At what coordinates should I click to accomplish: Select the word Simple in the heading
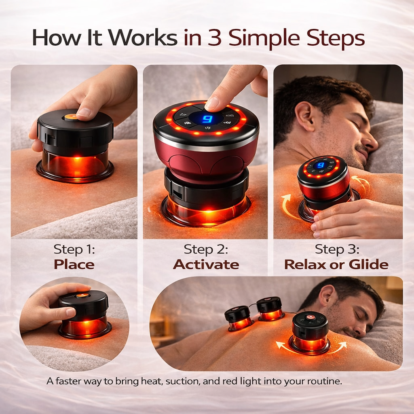point(264,39)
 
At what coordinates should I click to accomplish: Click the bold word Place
point(74,264)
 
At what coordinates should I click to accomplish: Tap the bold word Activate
point(206,264)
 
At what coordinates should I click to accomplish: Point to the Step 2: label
point(206,249)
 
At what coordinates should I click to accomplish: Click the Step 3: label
point(337,249)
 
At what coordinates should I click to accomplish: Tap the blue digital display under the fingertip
point(206,119)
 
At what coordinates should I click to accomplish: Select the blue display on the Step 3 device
point(321,166)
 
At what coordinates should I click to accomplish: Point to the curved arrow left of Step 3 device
point(288,207)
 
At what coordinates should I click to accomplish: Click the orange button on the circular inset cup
point(82,295)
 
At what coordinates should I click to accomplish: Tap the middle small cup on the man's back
point(270,308)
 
